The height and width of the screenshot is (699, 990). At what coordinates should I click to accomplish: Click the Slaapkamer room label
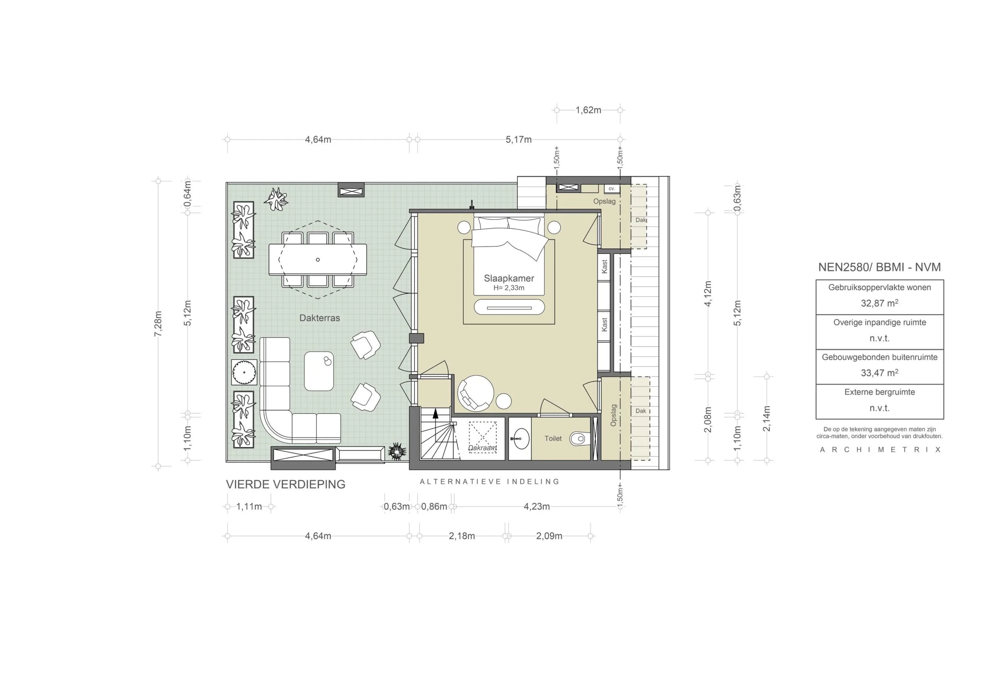coord(509,278)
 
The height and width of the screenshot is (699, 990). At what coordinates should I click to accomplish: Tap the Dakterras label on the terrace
coord(319,318)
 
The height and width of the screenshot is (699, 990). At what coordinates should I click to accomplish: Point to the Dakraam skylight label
coord(483,448)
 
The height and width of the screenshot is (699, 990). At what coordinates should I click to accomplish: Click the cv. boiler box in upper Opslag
coord(611,189)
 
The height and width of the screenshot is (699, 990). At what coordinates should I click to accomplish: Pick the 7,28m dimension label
coord(158,324)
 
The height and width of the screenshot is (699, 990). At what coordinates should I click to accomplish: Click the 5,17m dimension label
coord(518,139)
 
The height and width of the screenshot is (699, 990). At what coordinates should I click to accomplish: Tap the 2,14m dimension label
coord(766,418)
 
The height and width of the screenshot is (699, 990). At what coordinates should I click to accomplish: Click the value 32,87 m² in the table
coord(879,303)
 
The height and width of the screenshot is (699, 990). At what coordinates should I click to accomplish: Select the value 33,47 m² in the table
coord(879,373)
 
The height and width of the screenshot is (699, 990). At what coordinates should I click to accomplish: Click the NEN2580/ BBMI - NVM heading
coord(879,267)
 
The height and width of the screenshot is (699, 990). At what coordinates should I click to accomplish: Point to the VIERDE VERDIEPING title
coord(285,485)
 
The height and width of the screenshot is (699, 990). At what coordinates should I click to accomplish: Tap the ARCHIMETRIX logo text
coord(880,450)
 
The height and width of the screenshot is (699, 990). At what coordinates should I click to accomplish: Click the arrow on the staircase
coord(435,414)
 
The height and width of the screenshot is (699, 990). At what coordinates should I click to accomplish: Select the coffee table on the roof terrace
coord(319,371)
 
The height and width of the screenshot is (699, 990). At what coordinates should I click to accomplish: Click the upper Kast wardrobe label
coord(604,266)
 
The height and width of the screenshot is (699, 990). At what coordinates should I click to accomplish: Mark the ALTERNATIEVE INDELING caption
coord(490,482)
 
